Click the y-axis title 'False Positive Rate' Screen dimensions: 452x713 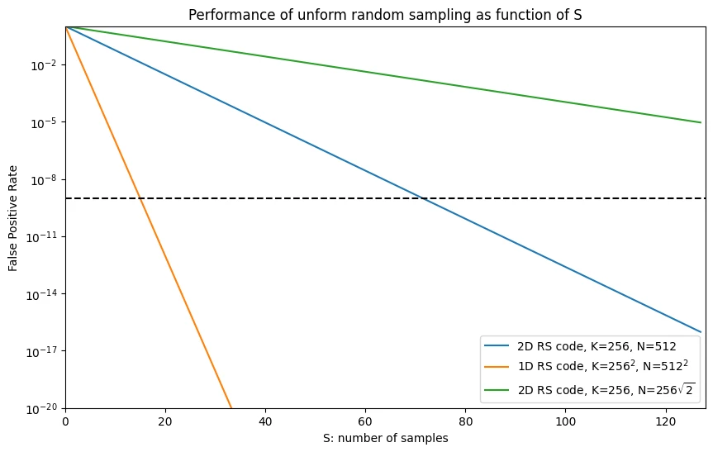click(x=13, y=217)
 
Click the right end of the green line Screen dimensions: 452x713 click(x=701, y=122)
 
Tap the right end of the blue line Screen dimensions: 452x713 click(x=701, y=332)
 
